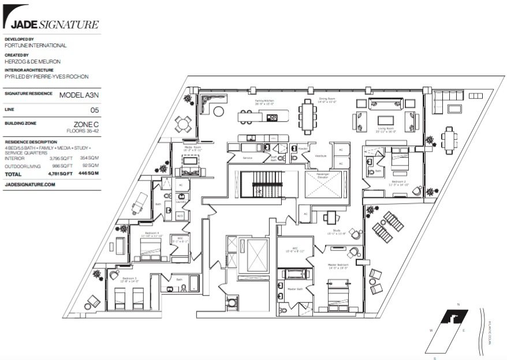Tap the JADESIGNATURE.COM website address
[x=30, y=185]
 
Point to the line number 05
[x=95, y=109]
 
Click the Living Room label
[x=386, y=128]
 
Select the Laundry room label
[x=180, y=202]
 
